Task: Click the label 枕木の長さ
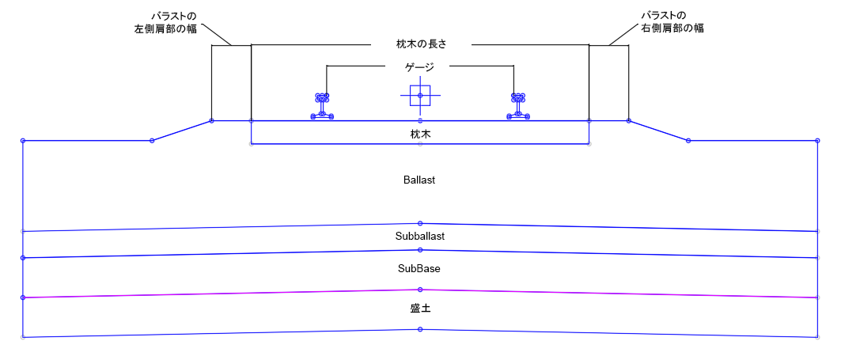coord(421,44)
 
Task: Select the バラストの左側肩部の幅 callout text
coord(165,22)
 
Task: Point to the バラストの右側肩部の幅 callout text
coord(672,22)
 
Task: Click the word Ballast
coord(419,180)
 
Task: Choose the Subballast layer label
coord(420,236)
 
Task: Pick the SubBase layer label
coord(419,269)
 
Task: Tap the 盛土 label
coord(420,309)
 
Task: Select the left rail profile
coord(322,106)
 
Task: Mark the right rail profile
coord(518,106)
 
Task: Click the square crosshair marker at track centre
coord(420,96)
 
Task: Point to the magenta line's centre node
coord(420,290)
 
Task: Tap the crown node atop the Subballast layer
coord(420,223)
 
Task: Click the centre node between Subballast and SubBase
coord(420,249)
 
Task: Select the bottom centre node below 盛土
coord(420,329)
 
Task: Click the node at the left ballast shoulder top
coord(212,121)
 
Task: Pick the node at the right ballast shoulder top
coord(629,121)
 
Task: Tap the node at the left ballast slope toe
coord(152,141)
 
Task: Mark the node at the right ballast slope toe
coord(688,141)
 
